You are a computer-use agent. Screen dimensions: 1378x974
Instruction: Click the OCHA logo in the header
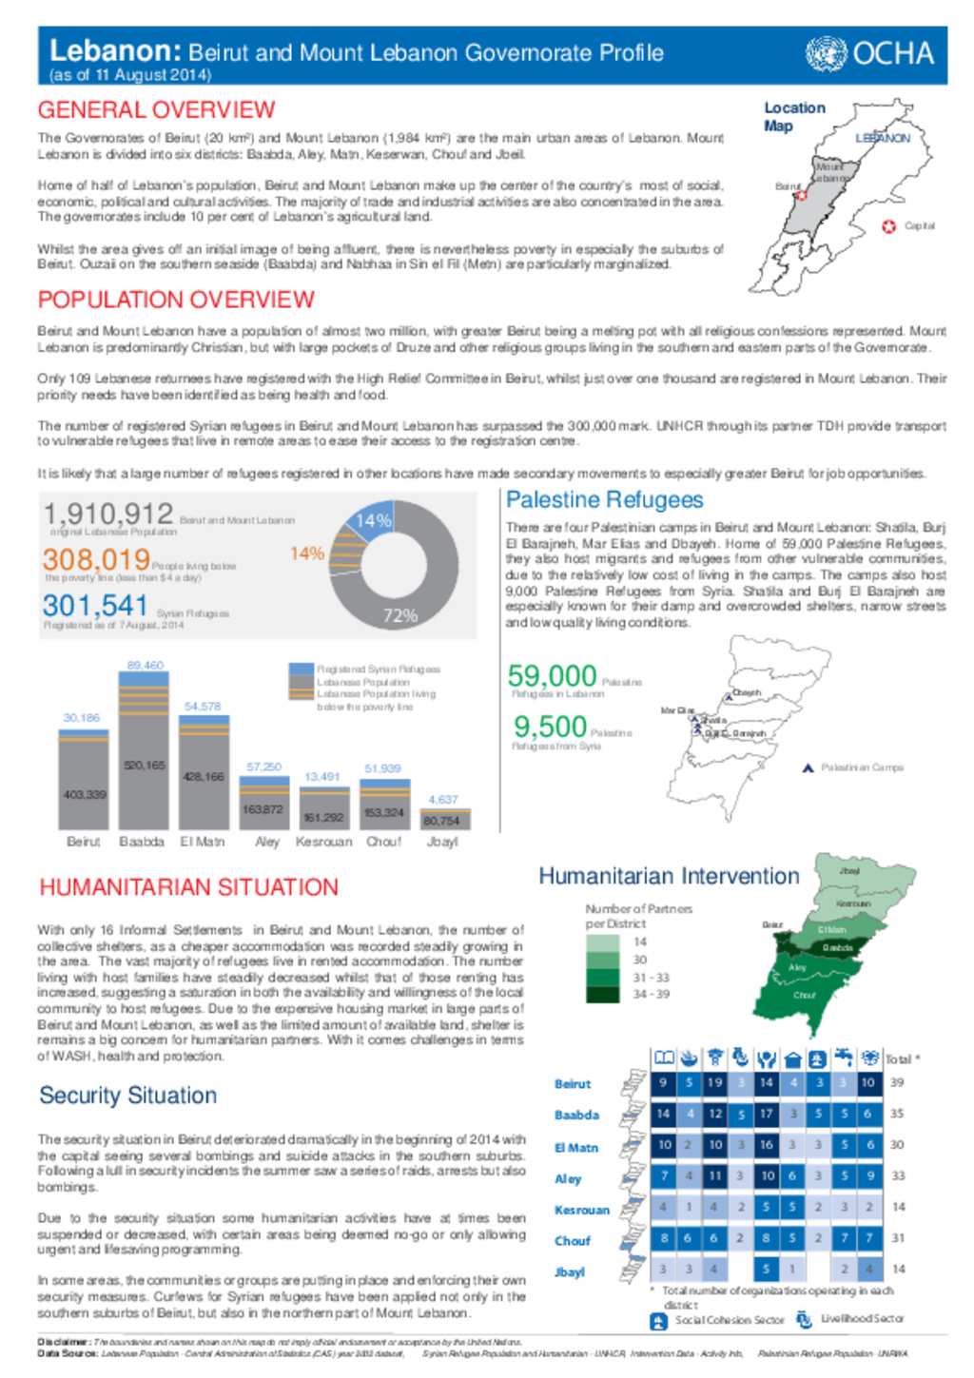869,53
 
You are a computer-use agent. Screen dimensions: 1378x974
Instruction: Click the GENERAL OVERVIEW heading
156,110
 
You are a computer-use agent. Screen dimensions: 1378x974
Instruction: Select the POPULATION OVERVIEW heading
176,300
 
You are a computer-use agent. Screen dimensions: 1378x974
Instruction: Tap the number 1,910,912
108,514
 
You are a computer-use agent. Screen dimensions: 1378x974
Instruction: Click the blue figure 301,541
95,606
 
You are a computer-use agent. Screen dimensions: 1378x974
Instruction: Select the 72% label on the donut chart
399,615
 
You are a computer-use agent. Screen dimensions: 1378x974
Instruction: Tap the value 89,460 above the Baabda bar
145,665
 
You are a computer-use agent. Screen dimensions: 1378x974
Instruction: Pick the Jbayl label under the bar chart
442,842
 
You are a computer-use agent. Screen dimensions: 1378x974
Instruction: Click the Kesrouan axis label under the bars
323,842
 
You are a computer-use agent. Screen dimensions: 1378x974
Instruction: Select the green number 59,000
552,676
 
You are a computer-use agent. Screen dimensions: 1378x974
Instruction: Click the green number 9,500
550,727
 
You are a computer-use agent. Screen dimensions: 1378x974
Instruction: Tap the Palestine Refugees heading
604,500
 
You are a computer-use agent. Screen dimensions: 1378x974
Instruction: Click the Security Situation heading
127,1096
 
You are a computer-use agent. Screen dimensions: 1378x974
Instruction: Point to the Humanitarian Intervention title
669,876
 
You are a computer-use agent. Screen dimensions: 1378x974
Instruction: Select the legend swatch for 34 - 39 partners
602,995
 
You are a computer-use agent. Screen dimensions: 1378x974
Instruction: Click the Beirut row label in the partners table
573,1084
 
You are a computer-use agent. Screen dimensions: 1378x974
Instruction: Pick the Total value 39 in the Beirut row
897,1082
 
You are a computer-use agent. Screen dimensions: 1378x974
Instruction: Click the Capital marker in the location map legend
888,226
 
